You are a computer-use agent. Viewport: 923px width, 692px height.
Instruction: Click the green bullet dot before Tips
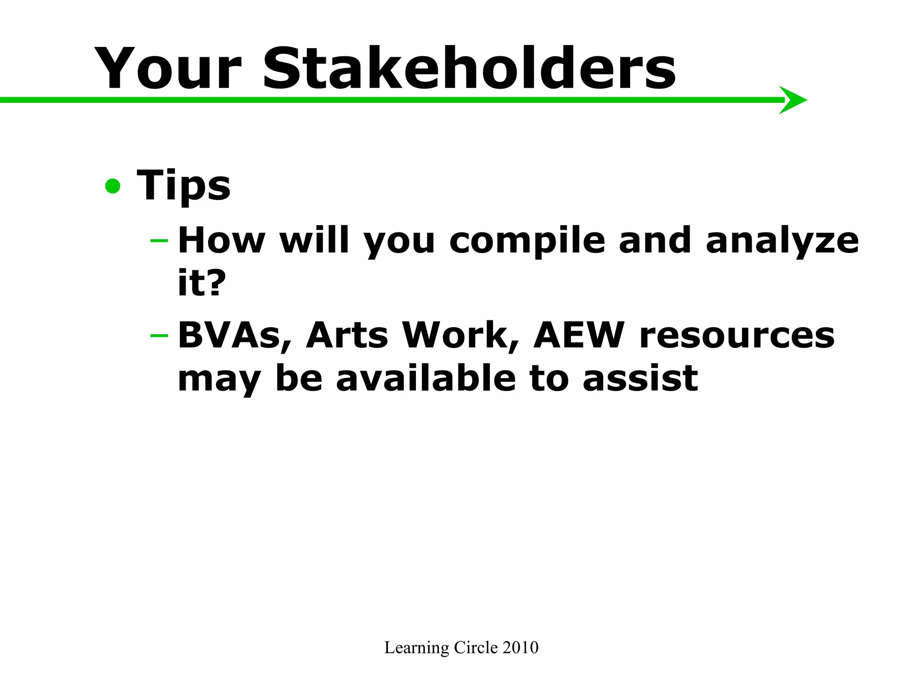pyautogui.click(x=113, y=186)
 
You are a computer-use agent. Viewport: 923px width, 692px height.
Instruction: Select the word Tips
pyautogui.click(x=183, y=186)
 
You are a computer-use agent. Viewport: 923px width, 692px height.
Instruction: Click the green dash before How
pyautogui.click(x=159, y=241)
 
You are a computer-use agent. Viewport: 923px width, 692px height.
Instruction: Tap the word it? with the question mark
pyautogui.click(x=201, y=283)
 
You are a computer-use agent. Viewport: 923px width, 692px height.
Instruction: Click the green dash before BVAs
pyautogui.click(x=159, y=336)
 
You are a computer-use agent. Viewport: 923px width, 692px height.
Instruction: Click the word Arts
pyautogui.click(x=347, y=336)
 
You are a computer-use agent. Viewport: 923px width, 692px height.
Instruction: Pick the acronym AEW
pyautogui.click(x=579, y=336)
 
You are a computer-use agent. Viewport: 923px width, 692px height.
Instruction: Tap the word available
pyautogui.click(x=426, y=378)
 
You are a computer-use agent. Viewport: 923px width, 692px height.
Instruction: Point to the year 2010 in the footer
pyautogui.click(x=521, y=647)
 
